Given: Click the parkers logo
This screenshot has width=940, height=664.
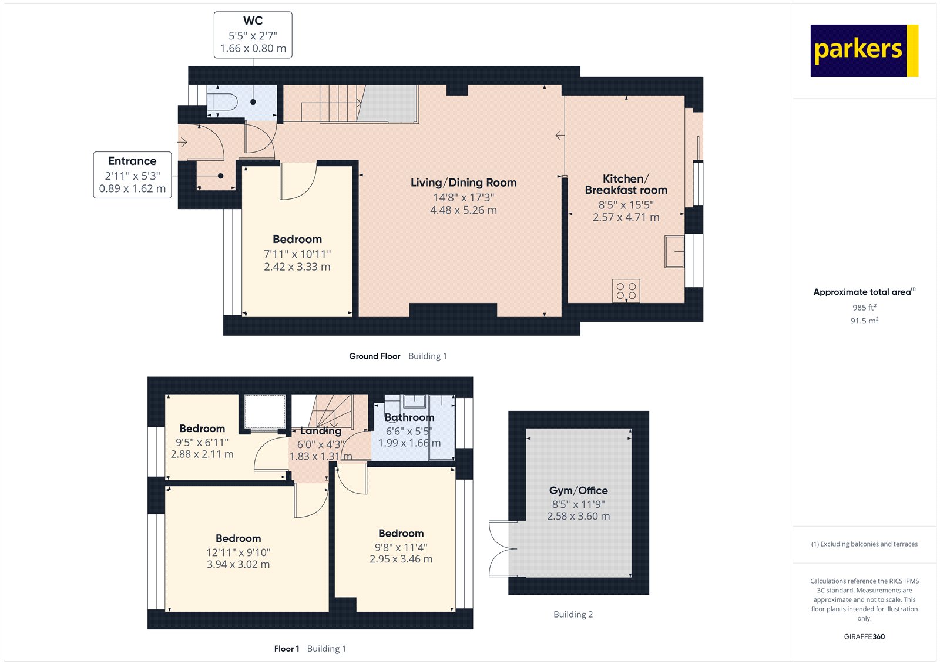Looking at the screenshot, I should [x=864, y=50].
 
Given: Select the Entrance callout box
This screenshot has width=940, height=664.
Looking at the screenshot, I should [x=132, y=175].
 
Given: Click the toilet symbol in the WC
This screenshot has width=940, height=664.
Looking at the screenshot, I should [x=223, y=102].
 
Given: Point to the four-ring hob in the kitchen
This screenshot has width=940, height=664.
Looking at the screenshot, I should [x=626, y=291].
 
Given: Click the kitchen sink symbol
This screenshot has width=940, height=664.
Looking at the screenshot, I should [x=674, y=251].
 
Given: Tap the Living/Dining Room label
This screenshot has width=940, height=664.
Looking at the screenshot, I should [x=464, y=183].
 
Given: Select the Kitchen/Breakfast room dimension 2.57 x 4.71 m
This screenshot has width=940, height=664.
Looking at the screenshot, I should [x=626, y=217].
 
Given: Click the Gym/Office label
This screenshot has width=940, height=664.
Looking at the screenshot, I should [x=578, y=490].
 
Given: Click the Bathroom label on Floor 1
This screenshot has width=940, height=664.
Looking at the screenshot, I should [x=409, y=417].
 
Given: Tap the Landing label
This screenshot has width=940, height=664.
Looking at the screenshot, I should [x=321, y=431].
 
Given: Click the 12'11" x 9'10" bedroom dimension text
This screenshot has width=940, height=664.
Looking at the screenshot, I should [x=238, y=552].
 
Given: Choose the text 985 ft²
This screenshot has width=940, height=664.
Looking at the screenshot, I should [x=864, y=307].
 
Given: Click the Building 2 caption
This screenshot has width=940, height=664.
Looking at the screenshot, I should [x=573, y=614].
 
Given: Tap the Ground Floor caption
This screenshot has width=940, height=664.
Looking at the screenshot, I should [x=374, y=356].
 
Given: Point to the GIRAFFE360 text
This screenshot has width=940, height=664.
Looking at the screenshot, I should [x=864, y=636].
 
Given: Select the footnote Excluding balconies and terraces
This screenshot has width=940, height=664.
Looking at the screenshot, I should [x=864, y=544].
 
